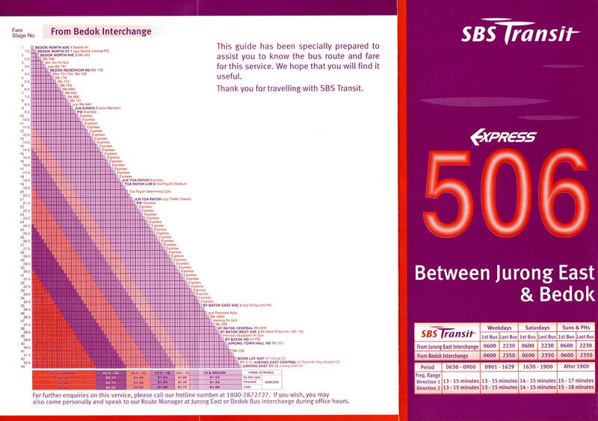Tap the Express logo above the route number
[502, 136]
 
